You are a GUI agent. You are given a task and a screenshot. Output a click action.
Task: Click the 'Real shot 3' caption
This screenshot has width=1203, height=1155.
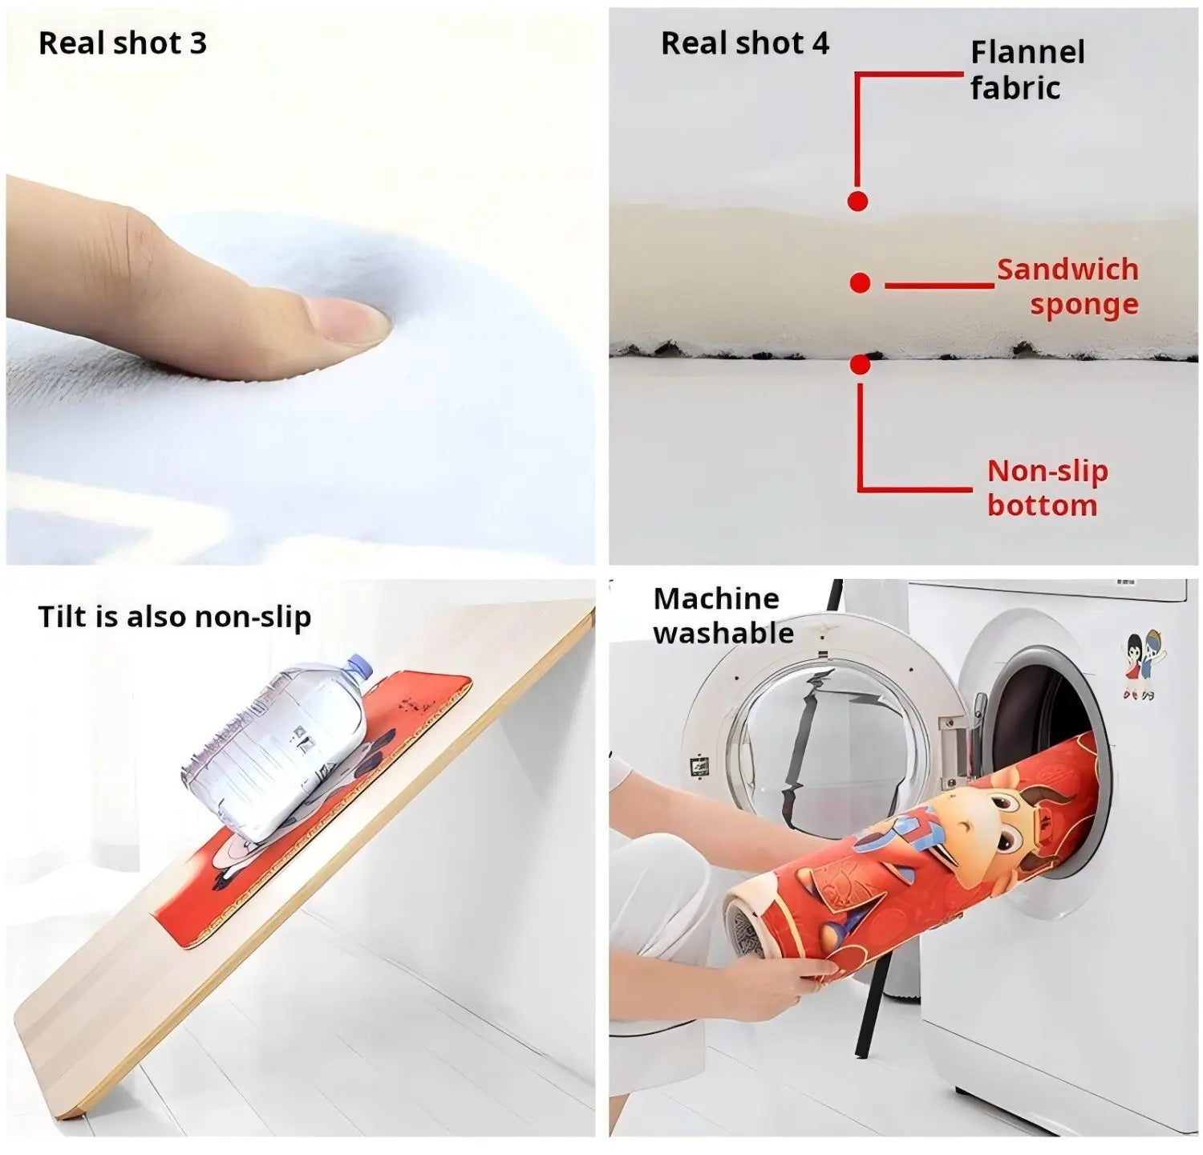tap(123, 43)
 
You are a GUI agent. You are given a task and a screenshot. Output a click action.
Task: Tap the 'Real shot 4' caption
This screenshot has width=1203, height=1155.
tap(745, 43)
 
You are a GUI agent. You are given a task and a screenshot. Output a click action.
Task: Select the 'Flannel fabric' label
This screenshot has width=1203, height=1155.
tap(1027, 70)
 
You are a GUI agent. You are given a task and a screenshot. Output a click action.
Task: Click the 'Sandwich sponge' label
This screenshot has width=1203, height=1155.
tap(1067, 286)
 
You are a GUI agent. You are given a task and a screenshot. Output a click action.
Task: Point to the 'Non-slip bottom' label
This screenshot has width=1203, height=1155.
tap(1047, 488)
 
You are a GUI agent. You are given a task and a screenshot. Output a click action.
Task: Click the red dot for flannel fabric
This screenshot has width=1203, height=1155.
tap(857, 201)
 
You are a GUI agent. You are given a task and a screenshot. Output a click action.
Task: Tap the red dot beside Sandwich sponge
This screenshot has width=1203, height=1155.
tap(860, 282)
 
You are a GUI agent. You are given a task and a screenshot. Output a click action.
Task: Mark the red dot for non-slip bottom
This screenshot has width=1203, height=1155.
tap(860, 365)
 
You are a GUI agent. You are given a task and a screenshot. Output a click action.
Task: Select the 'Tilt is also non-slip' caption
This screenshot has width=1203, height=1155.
tap(175, 617)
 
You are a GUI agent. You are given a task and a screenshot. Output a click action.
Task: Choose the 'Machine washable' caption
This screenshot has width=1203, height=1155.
tap(723, 616)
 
